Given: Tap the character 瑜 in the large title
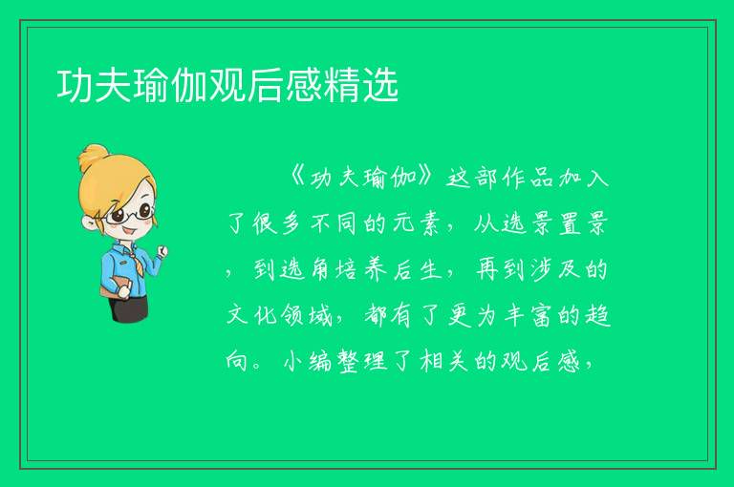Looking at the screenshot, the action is pos(151,85).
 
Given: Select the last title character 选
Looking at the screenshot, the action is pos(380,85).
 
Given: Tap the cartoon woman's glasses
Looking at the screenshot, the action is pos(130,214).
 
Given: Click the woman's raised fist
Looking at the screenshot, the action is pos(162,252).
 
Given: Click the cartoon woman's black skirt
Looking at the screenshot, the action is pos(128,308).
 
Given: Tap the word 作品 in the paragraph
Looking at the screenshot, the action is pos(528,178).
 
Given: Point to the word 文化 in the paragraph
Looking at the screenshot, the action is pos(252,315).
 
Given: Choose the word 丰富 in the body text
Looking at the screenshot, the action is pos(528,315).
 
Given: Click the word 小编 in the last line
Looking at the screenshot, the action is pos(308,361).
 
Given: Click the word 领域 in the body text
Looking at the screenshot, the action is pos(307,315).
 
